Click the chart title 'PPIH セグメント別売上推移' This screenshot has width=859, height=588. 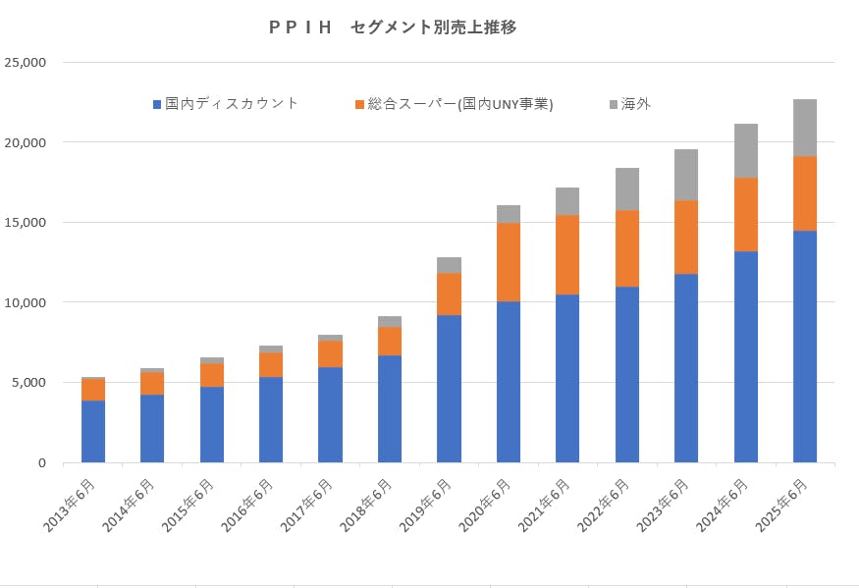coord(392,27)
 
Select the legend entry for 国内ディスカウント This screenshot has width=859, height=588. coord(226,103)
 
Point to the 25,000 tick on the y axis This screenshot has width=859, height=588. coord(27,63)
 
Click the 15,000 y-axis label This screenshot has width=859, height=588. coord(27,223)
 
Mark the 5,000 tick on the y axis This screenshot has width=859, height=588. coord(29,383)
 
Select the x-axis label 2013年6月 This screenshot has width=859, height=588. coord(72,506)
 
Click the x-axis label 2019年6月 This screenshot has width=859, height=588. coord(427,506)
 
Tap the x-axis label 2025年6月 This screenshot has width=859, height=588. coord(782,506)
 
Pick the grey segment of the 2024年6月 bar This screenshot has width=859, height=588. coord(746,150)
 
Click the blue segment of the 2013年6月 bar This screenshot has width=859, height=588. coord(93,431)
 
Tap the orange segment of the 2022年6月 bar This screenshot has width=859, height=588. coord(627,248)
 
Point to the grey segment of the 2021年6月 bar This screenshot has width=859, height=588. coord(567,201)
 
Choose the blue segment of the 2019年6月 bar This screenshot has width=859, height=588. coord(449,388)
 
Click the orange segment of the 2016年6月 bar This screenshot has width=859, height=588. coord(271,364)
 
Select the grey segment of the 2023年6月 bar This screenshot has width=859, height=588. coord(686,175)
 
